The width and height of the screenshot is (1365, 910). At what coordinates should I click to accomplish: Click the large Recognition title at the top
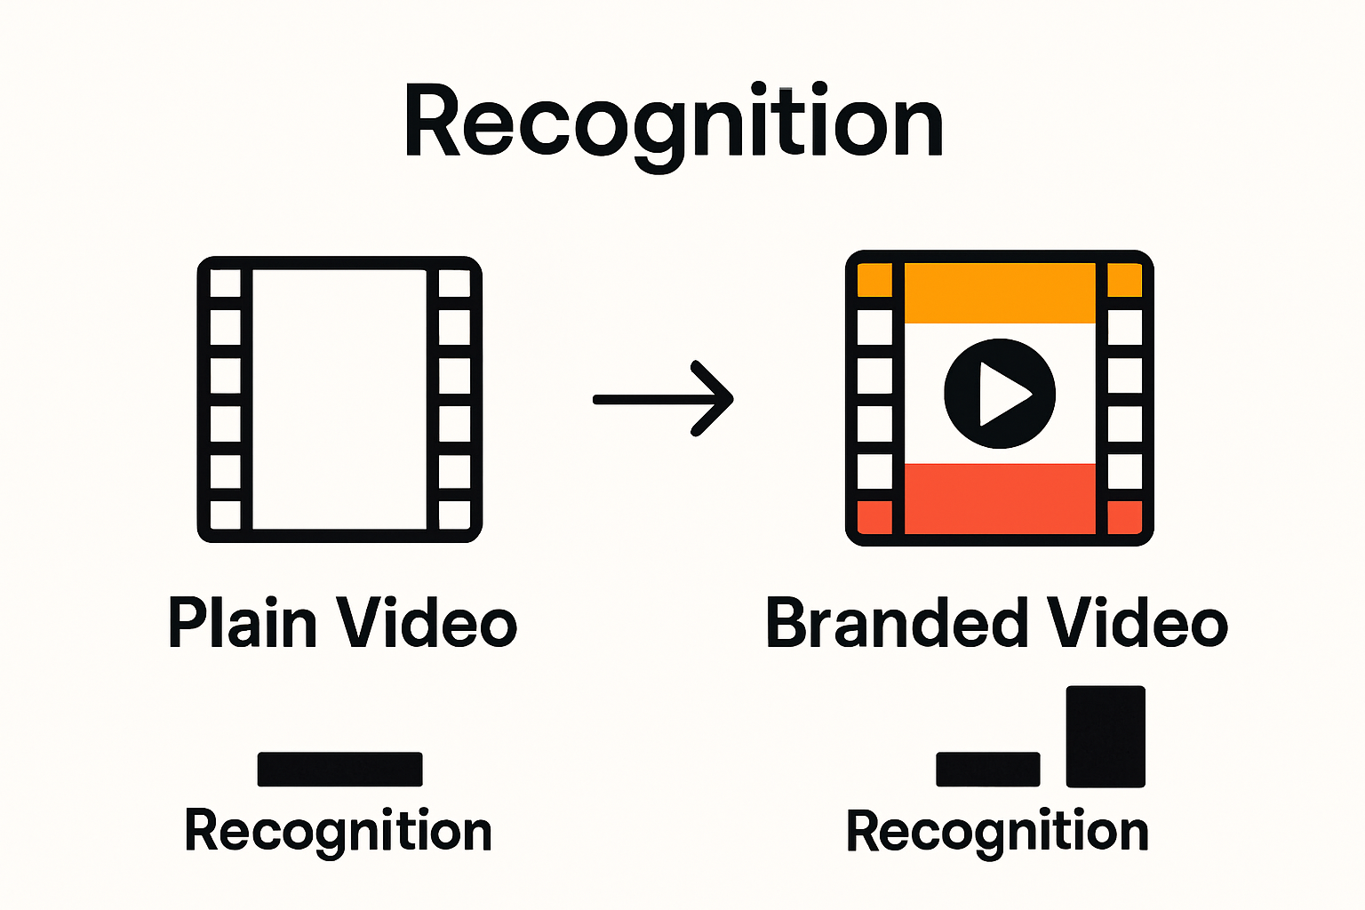click(x=674, y=123)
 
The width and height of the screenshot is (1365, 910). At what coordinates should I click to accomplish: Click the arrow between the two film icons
click(x=663, y=399)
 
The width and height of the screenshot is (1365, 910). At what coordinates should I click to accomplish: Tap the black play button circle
click(x=1000, y=394)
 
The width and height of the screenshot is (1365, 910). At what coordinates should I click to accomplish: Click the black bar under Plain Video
click(x=339, y=769)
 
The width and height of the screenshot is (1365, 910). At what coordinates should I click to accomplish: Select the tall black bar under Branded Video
click(x=1106, y=736)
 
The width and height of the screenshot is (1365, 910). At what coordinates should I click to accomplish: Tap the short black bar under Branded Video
click(x=987, y=770)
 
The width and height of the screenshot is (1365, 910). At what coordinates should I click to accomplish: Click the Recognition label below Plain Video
click(x=338, y=832)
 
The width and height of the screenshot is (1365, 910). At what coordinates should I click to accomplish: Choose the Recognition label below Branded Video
click(x=997, y=832)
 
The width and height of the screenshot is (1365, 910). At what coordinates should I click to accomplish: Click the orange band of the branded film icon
click(x=1000, y=293)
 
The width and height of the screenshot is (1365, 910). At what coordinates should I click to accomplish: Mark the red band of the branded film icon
click(x=1000, y=499)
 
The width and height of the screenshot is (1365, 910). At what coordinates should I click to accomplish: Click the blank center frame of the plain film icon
click(x=339, y=399)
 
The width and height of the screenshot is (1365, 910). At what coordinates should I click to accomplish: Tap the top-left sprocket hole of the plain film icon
click(x=225, y=283)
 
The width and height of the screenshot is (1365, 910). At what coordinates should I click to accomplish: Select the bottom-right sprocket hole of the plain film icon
click(x=454, y=515)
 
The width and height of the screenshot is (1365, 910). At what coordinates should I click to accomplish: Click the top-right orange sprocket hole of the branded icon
click(x=1125, y=281)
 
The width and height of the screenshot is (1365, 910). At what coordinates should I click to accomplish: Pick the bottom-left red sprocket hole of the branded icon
click(x=874, y=517)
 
